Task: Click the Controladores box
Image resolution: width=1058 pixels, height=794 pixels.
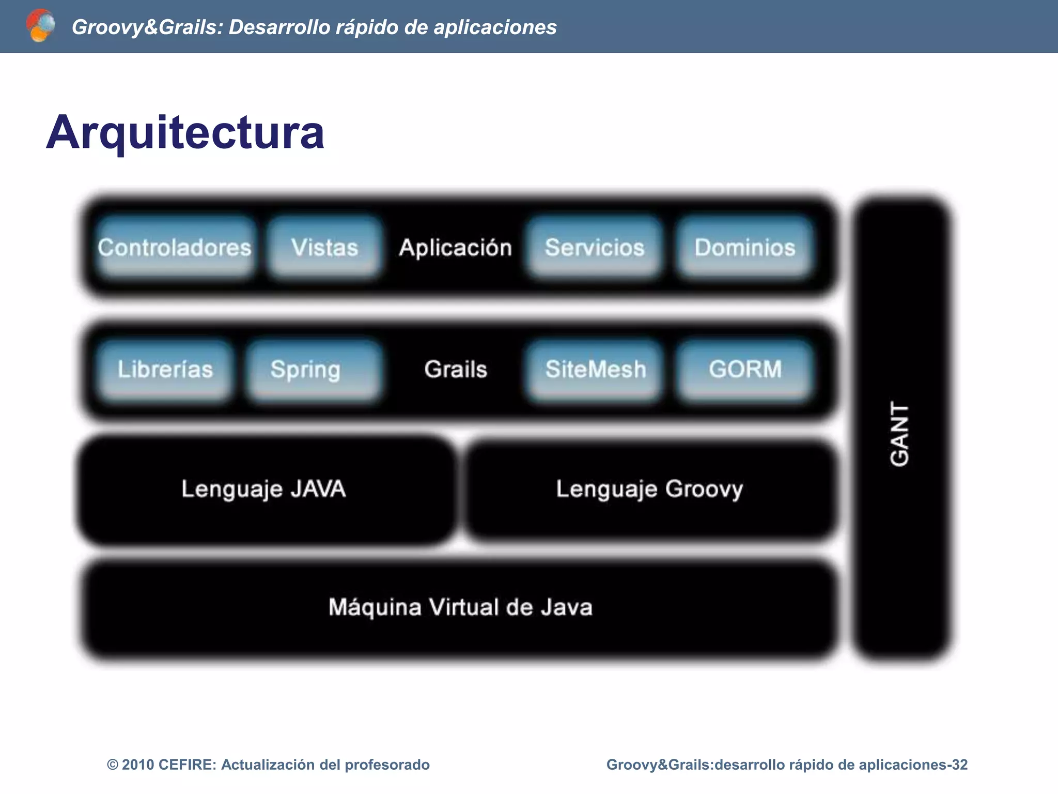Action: point(175,247)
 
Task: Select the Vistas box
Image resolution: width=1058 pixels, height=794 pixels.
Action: point(324,247)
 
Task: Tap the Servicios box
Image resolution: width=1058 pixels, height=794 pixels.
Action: point(594,247)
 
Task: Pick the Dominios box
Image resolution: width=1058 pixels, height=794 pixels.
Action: point(744,247)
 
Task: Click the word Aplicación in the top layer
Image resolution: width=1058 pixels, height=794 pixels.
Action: point(455,248)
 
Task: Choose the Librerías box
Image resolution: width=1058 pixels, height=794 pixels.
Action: point(165,369)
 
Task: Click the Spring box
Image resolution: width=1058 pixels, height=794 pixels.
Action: point(306,369)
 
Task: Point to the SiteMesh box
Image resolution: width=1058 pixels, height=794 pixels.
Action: point(595,369)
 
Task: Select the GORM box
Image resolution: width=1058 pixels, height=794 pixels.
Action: point(744,369)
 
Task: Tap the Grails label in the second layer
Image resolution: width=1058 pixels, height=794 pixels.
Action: point(455,369)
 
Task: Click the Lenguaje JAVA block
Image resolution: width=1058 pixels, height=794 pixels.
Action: point(263,489)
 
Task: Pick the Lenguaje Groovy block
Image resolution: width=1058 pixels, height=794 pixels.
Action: point(649,489)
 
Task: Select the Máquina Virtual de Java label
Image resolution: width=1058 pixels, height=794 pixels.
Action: point(460,607)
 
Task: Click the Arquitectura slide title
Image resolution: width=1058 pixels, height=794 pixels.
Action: point(185,132)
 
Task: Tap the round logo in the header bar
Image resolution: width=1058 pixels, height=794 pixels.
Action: point(40,25)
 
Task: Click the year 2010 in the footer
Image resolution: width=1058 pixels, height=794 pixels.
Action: point(138,765)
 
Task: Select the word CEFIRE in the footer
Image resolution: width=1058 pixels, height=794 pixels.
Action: point(186,765)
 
